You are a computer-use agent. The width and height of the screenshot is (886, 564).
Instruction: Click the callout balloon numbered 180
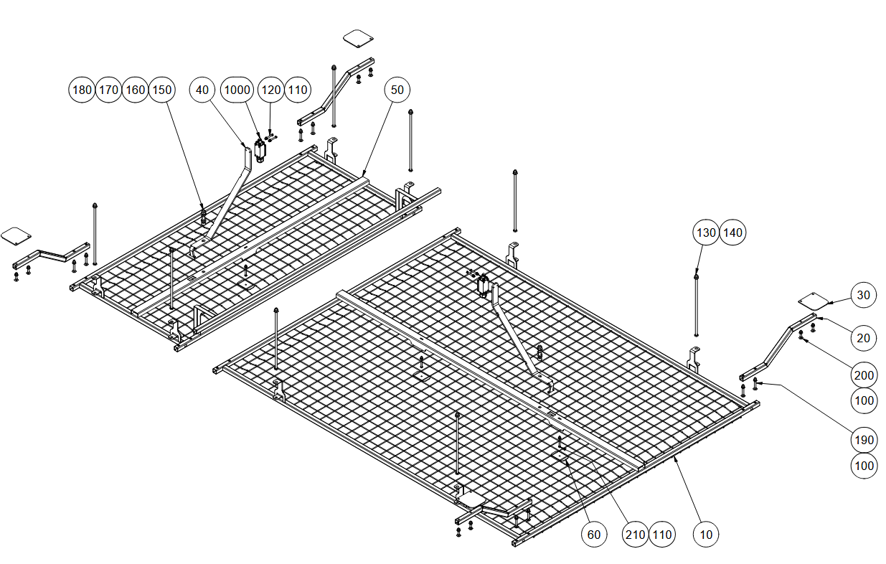tap(82, 90)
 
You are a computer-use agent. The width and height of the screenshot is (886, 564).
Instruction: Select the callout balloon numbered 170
tap(108, 90)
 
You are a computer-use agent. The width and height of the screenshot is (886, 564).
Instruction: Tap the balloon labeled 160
tap(136, 90)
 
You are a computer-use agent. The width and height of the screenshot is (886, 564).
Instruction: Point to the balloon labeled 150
tap(161, 90)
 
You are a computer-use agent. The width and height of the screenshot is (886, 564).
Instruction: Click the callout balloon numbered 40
tap(202, 90)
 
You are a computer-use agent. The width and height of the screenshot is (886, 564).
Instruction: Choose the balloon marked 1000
tap(237, 90)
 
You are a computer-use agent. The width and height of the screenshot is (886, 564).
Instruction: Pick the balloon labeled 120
tap(271, 90)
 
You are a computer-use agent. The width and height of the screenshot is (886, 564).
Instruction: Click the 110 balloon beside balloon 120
tap(298, 90)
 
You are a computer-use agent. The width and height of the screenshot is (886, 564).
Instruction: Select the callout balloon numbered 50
tap(397, 90)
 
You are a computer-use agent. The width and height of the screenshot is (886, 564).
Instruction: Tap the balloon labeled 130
tap(706, 232)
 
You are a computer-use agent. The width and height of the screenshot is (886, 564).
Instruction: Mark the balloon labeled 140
tap(732, 232)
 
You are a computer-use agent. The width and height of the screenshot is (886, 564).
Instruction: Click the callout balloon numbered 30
tap(864, 295)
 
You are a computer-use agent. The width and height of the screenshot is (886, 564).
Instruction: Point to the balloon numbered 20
tap(864, 338)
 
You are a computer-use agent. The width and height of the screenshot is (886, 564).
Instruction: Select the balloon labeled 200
tap(864, 375)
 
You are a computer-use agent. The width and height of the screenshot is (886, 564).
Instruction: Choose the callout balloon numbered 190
tap(864, 440)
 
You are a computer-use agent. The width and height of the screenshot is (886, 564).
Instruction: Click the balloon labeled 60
tap(594, 535)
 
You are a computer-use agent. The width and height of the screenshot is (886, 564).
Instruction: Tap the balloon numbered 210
tap(635, 535)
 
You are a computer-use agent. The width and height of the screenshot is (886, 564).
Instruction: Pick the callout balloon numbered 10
tap(706, 535)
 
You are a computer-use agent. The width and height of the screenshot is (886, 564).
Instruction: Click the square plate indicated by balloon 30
tap(813, 301)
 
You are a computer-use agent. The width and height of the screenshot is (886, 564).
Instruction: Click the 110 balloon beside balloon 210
tap(662, 535)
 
